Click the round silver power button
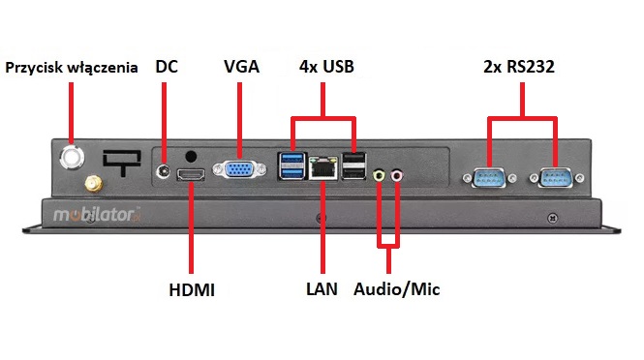73,155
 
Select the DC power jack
164,171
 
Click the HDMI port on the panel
192,175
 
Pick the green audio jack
380,175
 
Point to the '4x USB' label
325,68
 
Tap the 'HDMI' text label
192,289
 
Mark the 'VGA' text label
242,68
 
